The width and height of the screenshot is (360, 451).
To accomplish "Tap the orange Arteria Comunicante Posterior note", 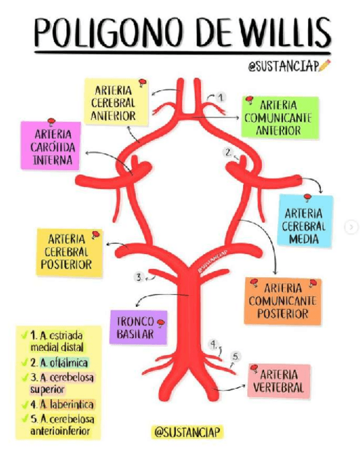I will pyautogui.click(x=283, y=300).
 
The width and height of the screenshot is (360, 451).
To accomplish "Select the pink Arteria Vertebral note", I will pyautogui.click(x=279, y=380).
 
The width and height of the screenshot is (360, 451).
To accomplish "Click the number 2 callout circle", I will pyautogui.click(x=229, y=153).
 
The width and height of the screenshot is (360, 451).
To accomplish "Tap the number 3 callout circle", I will pyautogui.click(x=139, y=277).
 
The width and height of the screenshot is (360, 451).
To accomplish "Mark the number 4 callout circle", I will pyautogui.click(x=213, y=344).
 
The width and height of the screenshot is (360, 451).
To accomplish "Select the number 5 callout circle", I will pyautogui.click(x=236, y=356).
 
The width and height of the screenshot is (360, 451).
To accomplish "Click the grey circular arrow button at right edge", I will pyautogui.click(x=351, y=227).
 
